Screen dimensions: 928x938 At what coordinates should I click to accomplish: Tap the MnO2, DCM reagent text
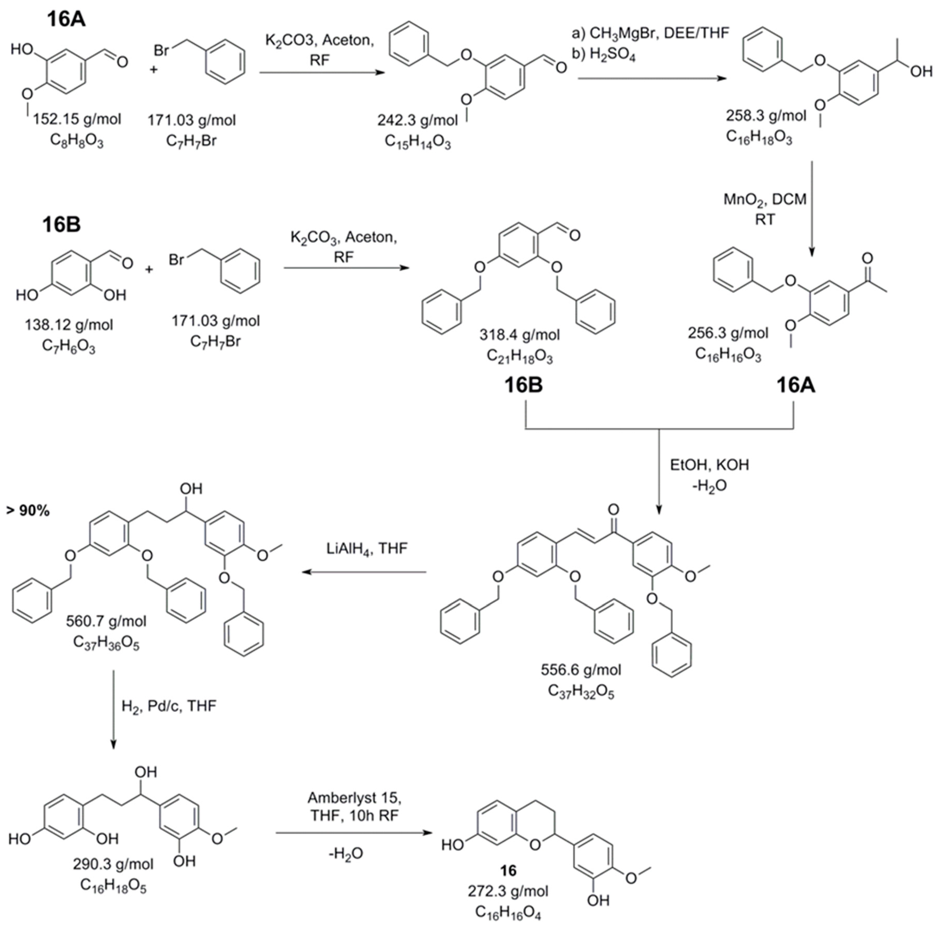[x=765, y=199]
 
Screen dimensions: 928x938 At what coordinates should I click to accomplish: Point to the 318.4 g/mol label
[x=519, y=335]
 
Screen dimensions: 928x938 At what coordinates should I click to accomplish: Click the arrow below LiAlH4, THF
[x=364, y=572]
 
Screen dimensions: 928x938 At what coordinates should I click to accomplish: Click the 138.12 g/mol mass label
[x=69, y=325]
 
